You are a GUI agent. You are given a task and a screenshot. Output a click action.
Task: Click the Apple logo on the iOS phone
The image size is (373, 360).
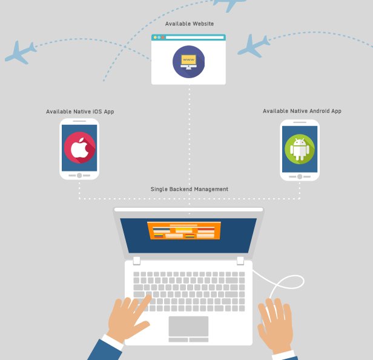pos(79,148)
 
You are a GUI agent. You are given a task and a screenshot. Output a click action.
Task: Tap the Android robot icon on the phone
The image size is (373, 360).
pos(300,148)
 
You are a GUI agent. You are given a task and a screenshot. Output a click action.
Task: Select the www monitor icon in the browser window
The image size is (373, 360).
pos(188,61)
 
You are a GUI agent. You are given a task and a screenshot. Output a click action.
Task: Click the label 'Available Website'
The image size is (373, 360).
pos(189,24)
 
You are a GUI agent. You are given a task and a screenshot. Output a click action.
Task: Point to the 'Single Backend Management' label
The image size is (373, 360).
pos(189,190)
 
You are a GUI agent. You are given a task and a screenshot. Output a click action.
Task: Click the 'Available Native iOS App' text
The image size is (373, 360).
pos(80,112)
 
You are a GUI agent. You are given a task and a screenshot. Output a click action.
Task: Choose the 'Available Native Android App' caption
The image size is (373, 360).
pos(302,111)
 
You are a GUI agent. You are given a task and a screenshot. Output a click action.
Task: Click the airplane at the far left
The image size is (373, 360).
pos(20,53)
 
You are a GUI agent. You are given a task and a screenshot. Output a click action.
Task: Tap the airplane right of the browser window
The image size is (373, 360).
pos(253,45)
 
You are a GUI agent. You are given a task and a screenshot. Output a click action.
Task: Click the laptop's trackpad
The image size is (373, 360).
pos(188,326)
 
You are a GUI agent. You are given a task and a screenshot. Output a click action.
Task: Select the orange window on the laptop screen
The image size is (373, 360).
pos(184,230)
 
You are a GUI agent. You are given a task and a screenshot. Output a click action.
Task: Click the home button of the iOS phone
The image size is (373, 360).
pos(79,175)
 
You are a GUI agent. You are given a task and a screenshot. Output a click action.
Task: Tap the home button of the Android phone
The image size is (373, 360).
pos(300,176)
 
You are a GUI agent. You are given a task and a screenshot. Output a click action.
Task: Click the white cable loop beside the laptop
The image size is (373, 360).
pos(285,284)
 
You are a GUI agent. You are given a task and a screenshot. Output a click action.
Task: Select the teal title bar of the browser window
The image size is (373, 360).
pos(188,38)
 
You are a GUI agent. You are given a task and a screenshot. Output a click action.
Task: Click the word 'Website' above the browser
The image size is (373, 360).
pos(202,24)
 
